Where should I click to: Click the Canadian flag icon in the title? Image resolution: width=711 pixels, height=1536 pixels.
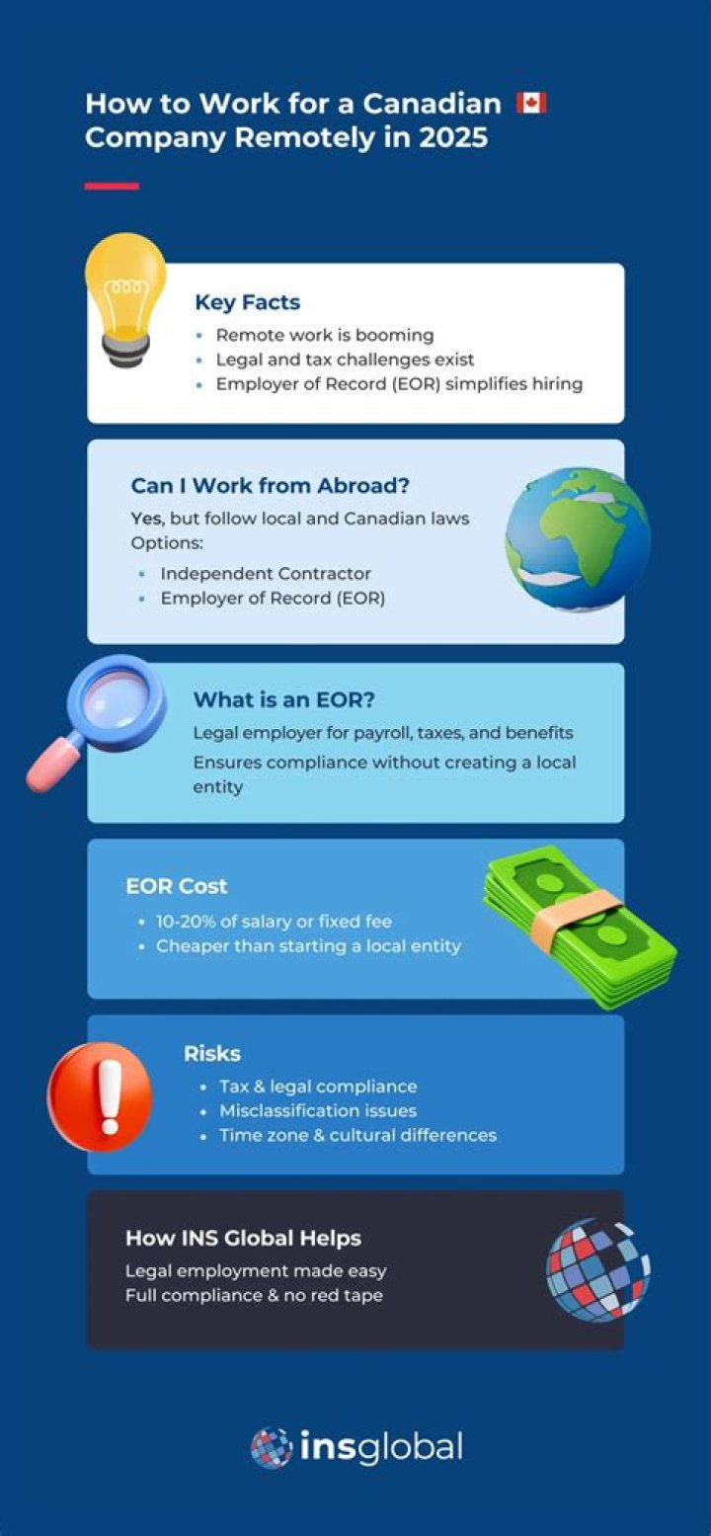tap(531, 103)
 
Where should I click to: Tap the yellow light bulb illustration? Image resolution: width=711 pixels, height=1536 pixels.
tap(125, 298)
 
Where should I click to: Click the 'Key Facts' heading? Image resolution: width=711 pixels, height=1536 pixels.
tap(248, 301)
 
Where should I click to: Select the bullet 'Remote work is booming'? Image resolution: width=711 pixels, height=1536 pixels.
tap(325, 335)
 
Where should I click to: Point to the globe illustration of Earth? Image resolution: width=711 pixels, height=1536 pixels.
tap(578, 539)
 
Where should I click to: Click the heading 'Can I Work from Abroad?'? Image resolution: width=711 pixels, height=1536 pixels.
tap(271, 485)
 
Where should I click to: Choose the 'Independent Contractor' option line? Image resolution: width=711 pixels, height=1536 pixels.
tap(266, 573)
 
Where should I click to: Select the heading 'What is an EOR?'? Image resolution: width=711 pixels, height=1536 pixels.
tap(283, 699)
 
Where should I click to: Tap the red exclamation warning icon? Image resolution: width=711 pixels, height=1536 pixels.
tap(100, 1096)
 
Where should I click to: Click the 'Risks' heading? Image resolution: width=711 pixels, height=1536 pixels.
tap(212, 1053)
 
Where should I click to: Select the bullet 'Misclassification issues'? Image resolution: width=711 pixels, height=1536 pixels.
tap(318, 1111)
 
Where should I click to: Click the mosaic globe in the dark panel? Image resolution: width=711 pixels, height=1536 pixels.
tap(597, 1270)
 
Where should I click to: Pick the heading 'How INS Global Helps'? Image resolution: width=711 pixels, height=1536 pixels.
tap(243, 1238)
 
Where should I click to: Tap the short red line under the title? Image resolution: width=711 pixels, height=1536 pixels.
tap(112, 186)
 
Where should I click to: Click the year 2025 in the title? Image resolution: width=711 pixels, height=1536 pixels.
tap(453, 137)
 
